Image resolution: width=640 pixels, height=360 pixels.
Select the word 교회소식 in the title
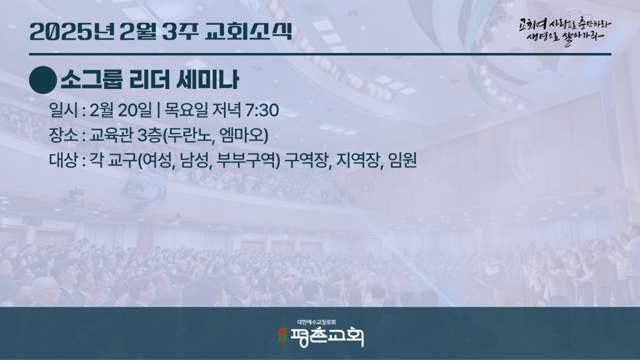tap(248, 31)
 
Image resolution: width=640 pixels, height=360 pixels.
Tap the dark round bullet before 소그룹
tap(43, 80)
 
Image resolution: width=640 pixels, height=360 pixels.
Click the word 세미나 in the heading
tap(207, 80)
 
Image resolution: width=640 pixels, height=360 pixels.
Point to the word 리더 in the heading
tap(149, 80)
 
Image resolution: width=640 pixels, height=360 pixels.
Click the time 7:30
tap(262, 110)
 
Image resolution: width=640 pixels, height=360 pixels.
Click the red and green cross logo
tap(282, 335)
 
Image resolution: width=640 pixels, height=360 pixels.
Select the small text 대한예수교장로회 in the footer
tap(317, 322)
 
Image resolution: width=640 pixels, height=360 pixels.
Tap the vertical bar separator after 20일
tap(158, 111)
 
